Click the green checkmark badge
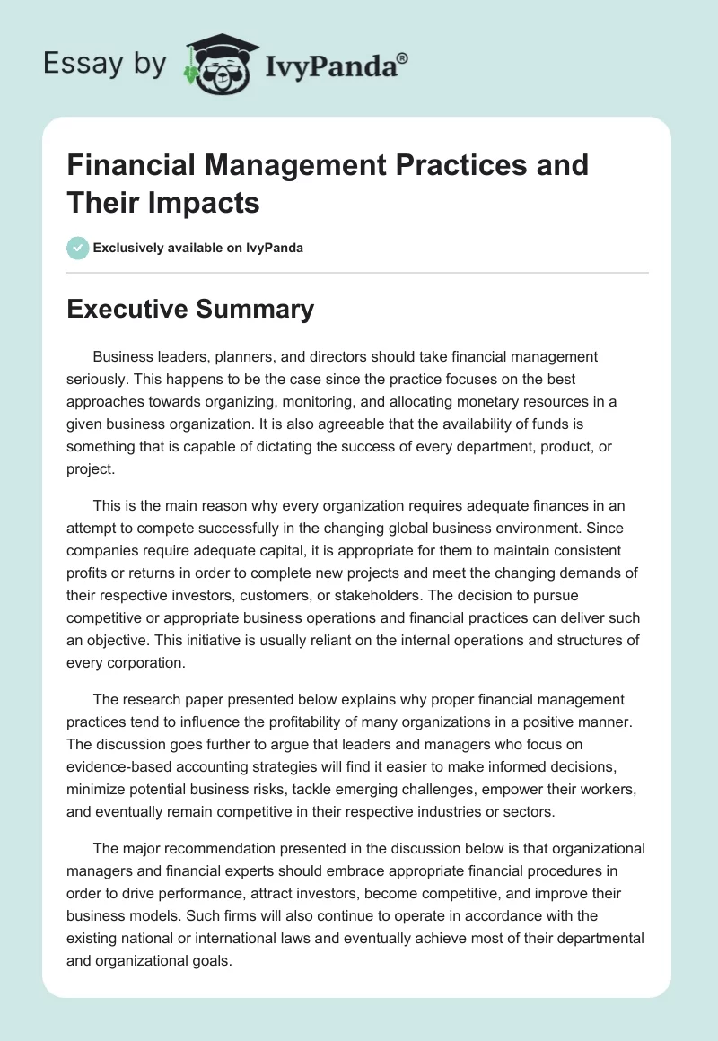tap(78, 248)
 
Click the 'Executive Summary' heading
tap(191, 310)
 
